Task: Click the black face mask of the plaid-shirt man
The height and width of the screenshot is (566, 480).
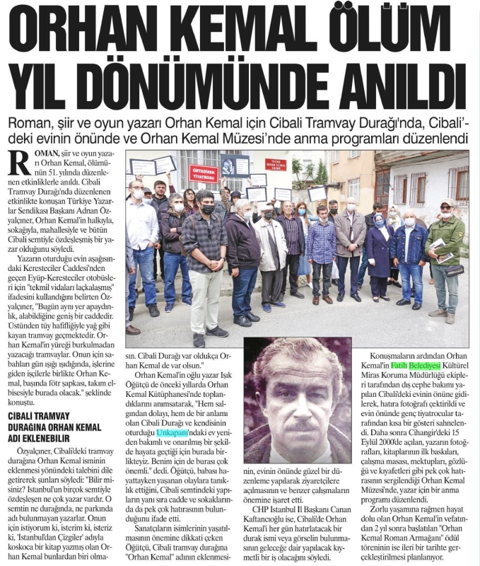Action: [207, 209]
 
